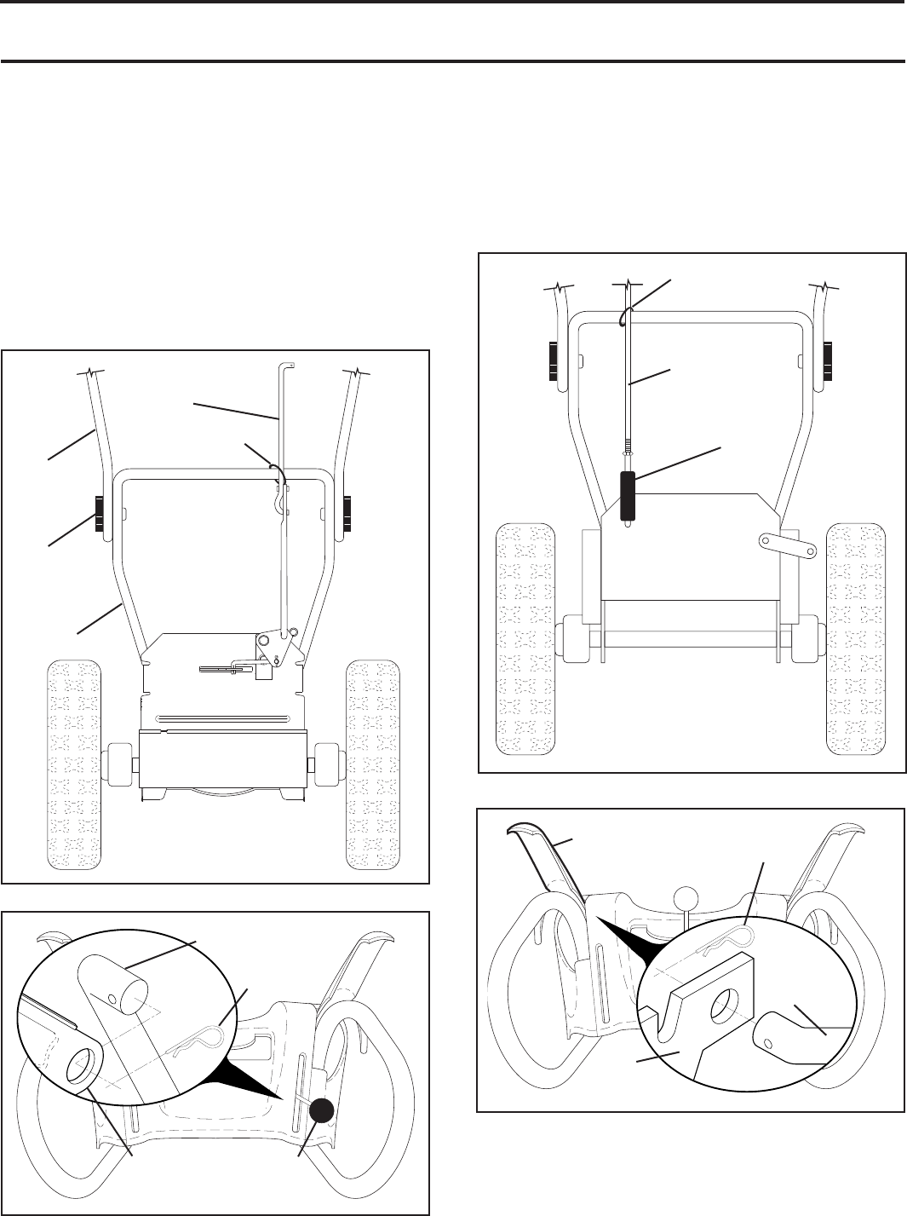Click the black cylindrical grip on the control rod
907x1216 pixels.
[x=628, y=494]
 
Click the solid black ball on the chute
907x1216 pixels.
[x=321, y=1109]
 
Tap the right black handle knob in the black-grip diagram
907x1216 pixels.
[x=827, y=361]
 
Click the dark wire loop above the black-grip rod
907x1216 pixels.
[x=624, y=316]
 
